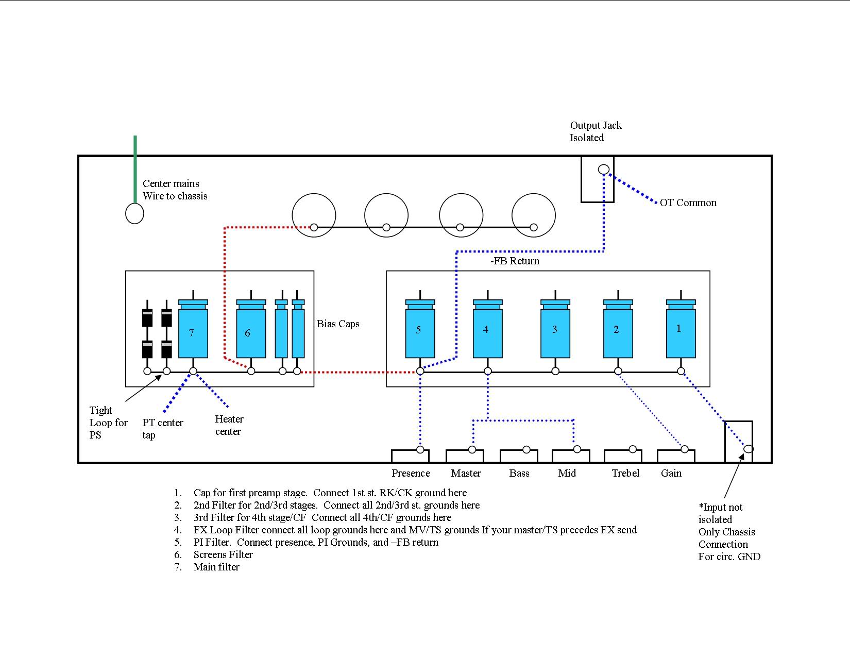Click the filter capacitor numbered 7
pos(193,332)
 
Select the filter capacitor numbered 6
pos(251,332)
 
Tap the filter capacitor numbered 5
pos(420,332)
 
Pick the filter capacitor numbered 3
pos(555,332)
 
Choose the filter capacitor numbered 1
pos(681,332)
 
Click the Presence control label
pos(411,473)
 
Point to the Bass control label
pos(519,473)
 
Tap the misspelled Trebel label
pos(625,473)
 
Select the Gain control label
pos(671,473)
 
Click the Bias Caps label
pos(338,324)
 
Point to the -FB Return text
pos(515,261)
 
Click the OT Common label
pos(688,203)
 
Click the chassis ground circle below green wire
pos(134,213)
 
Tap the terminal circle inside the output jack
pos(603,169)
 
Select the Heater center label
pos(229,425)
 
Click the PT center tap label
pos(162,428)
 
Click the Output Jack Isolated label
pos(596,131)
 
